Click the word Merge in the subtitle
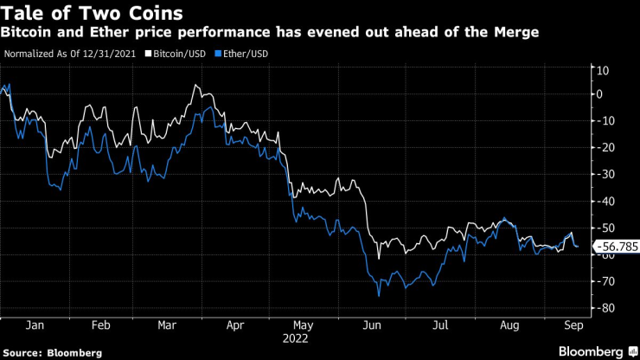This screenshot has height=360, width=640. click(x=515, y=32)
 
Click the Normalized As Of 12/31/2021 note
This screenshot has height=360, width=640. click(x=70, y=54)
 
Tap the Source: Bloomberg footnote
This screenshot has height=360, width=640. click(x=53, y=352)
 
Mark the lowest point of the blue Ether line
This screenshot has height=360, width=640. click(x=379, y=296)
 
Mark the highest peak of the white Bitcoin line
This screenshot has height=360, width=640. click(x=195, y=86)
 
